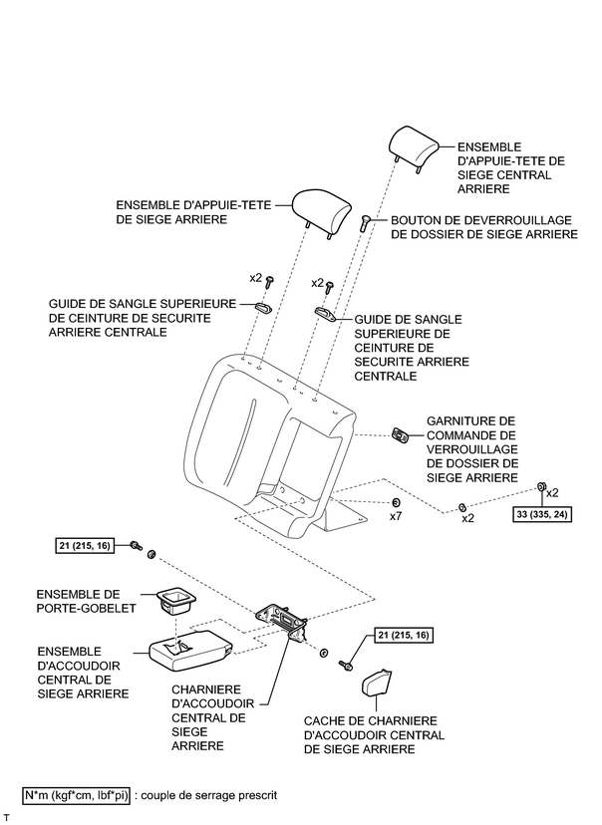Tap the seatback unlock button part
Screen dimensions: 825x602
tap(367, 223)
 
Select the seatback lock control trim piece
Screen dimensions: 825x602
tap(402, 435)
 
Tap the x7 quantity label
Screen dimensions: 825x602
tap(395, 516)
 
